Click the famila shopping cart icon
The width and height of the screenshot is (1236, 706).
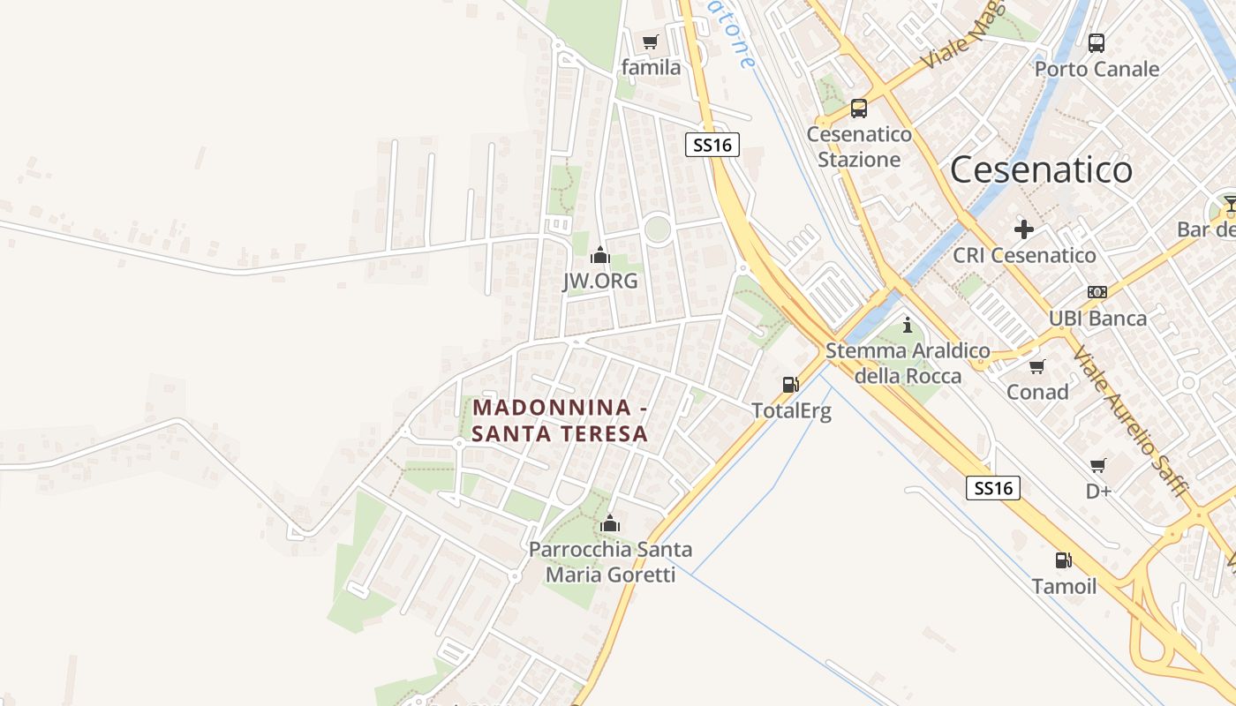tap(651, 41)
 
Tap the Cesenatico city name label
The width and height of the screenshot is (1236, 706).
tap(1041, 169)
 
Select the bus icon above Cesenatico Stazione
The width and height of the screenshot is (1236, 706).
tap(858, 109)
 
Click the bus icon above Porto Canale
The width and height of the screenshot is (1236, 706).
tap(1097, 42)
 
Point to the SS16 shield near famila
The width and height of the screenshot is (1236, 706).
tap(712, 145)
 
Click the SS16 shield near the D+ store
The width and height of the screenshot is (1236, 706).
tap(993, 488)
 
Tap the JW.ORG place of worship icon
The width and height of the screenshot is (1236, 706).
tap(600, 255)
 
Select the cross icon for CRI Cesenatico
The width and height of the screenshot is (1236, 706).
tap(1024, 229)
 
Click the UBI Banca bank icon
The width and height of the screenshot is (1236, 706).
tap(1097, 292)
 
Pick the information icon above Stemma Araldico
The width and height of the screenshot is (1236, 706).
tap(907, 326)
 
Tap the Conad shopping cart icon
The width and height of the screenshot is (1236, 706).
tap(1037, 365)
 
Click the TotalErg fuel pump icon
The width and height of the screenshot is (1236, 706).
tap(790, 385)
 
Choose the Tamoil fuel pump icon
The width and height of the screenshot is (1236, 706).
tap(1064, 560)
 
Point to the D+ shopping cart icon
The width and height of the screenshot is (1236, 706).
tap(1098, 465)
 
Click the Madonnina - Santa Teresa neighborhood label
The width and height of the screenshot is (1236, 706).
tap(561, 421)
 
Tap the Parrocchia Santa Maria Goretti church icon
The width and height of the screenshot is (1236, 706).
tap(610, 524)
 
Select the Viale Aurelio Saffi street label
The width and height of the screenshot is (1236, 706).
tap(1131, 420)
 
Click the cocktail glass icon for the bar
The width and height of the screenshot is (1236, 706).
tap(1230, 205)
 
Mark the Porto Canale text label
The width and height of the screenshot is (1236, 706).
tap(1097, 69)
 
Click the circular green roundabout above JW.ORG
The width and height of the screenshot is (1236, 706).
tap(657, 229)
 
